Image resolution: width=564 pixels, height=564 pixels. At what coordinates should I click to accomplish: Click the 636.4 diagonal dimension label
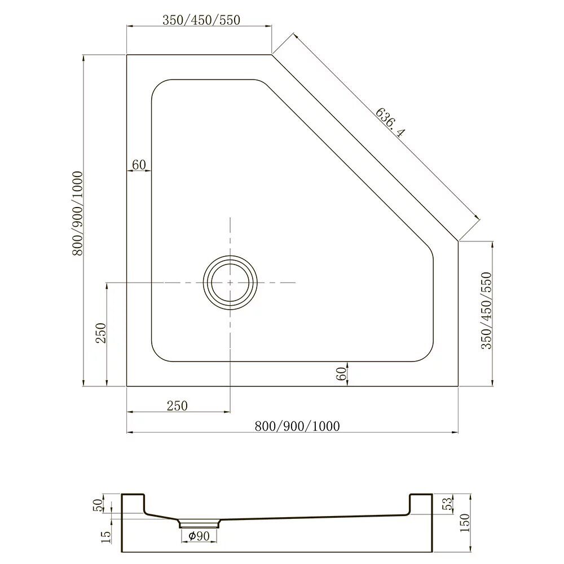click(x=390, y=122)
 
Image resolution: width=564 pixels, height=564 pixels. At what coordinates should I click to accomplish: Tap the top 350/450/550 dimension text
click(x=201, y=20)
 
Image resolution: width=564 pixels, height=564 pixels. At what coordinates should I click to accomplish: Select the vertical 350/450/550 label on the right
click(x=486, y=310)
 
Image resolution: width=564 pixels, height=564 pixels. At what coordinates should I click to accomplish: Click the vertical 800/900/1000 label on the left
click(x=78, y=213)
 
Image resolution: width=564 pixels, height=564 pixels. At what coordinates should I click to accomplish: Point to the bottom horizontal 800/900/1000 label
click(x=297, y=426)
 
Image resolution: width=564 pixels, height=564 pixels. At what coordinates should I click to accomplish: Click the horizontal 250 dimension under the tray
click(x=177, y=406)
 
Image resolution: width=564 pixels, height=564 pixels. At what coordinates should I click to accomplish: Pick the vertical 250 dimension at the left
click(x=102, y=333)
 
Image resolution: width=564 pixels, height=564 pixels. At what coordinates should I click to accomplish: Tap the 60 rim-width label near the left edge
click(x=139, y=165)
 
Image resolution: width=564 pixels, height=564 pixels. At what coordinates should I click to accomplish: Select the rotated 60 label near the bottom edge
click(x=341, y=374)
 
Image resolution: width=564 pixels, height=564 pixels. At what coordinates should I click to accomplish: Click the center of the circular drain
click(x=230, y=283)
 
